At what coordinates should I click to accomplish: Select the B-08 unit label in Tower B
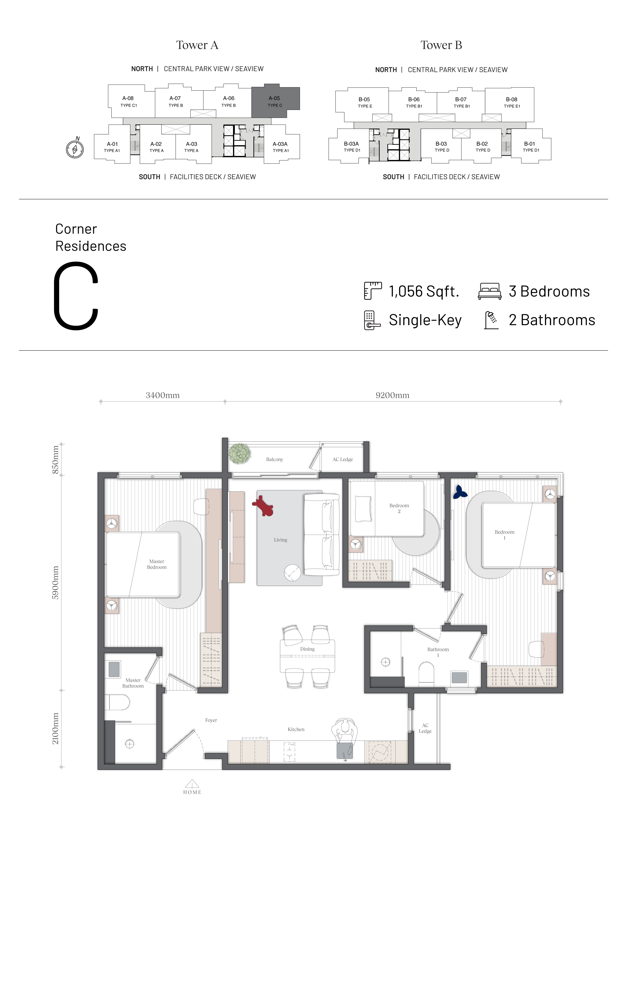(512, 99)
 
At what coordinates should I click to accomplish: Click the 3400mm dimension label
(163, 395)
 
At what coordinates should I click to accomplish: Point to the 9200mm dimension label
(392, 395)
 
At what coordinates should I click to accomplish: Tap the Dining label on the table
(307, 649)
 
